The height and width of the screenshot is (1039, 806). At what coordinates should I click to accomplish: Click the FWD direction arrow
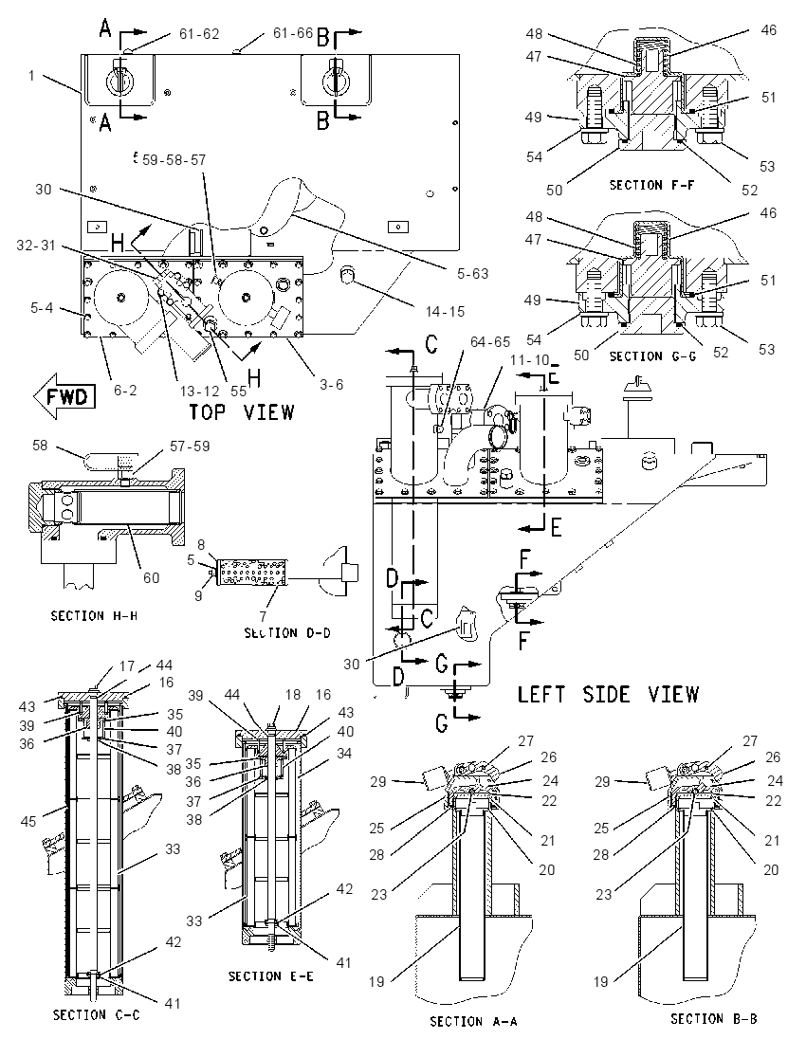[x=64, y=396]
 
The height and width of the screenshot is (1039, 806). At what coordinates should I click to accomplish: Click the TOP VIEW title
[x=241, y=411]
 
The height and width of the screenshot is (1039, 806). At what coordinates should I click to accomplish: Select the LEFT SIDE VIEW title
[x=608, y=694]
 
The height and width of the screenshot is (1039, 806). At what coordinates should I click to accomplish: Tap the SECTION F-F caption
[x=651, y=185]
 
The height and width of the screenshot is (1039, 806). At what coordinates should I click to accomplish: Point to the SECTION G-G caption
[x=652, y=355]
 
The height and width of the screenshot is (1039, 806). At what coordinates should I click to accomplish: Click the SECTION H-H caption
[x=94, y=615]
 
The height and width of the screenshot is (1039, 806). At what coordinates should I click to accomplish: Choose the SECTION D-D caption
[x=287, y=633]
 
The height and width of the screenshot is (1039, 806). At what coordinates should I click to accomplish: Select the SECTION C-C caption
[x=96, y=1014]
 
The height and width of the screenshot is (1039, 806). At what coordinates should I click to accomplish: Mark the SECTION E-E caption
[x=270, y=976]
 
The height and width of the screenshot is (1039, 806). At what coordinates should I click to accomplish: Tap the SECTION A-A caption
[x=473, y=1021]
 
